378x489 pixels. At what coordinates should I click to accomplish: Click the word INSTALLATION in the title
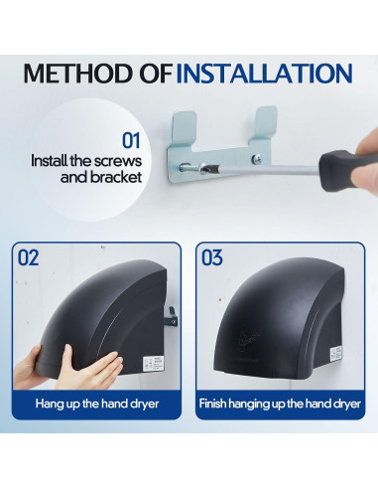point(264,74)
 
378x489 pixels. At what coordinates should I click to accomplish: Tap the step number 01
point(131,140)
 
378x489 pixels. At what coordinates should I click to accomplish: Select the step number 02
point(28,257)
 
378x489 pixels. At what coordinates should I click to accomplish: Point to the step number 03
point(212,257)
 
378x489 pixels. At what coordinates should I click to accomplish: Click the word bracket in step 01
point(116,177)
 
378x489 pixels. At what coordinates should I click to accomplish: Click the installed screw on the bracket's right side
point(257,159)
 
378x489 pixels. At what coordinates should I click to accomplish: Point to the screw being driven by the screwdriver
point(190,168)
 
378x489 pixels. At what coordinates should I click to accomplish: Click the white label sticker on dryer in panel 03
point(335,354)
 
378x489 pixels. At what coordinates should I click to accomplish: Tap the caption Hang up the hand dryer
point(97,404)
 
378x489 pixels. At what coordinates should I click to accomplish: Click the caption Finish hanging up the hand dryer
point(280,404)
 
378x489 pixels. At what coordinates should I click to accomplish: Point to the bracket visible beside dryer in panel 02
point(172,317)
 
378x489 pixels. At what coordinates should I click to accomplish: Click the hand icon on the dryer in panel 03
point(249,337)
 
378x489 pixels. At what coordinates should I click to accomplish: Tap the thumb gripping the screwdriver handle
point(364,173)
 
